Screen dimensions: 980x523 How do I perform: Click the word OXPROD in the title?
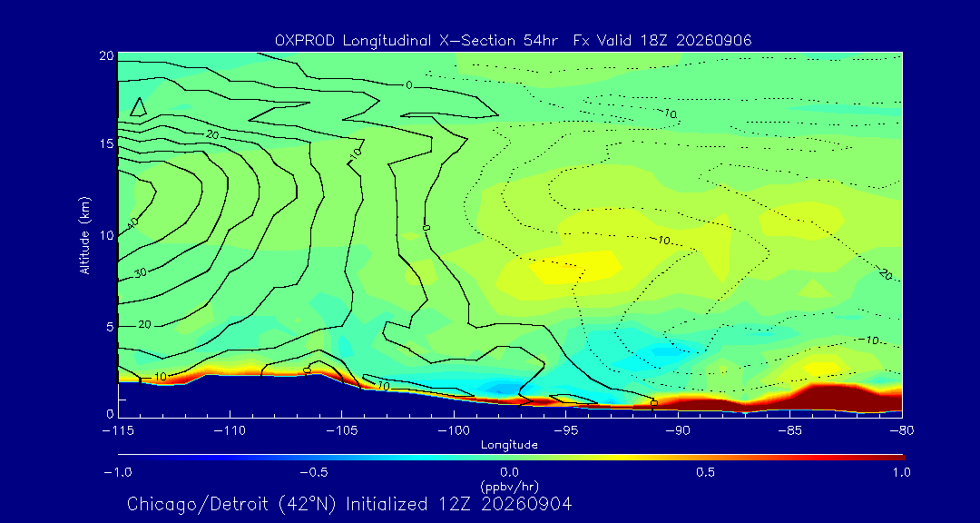click(x=304, y=41)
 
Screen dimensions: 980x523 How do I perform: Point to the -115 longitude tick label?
click(x=118, y=431)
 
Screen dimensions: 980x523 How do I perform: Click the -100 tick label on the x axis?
click(x=454, y=431)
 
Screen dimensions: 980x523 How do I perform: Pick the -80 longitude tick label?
click(x=902, y=431)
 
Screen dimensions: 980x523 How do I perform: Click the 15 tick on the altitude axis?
click(x=106, y=144)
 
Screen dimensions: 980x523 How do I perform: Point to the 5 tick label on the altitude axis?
click(x=110, y=327)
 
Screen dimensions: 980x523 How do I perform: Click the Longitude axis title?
click(x=509, y=446)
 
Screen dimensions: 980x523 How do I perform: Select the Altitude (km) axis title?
click(x=85, y=236)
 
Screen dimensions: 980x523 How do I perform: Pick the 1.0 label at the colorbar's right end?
click(x=901, y=472)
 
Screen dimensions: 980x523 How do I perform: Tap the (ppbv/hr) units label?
click(x=509, y=487)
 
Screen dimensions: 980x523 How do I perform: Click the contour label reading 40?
click(x=132, y=222)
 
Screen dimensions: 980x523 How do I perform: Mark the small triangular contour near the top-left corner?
click(x=139, y=108)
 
